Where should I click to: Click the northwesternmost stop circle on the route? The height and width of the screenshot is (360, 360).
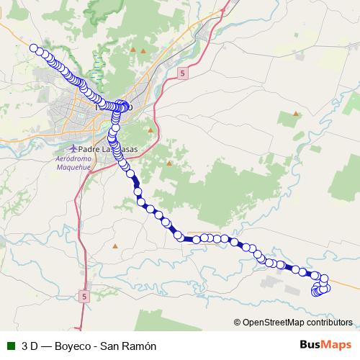[34, 48]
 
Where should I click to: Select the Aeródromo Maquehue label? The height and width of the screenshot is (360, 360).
[74, 162]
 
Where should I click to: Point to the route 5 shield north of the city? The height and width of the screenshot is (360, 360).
[184, 73]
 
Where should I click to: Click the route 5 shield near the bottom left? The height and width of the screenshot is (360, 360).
[84, 296]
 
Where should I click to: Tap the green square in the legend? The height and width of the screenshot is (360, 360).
[9, 346]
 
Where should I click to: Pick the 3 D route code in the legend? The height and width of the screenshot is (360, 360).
[30, 346]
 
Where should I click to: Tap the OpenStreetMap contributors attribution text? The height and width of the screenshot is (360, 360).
[297, 323]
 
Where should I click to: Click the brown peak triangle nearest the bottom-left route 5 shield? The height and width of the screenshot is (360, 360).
[114, 246]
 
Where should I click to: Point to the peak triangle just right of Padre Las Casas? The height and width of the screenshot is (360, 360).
[150, 130]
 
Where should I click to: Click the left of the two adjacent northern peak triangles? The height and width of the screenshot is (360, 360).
[133, 49]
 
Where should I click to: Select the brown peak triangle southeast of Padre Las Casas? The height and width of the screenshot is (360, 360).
[169, 163]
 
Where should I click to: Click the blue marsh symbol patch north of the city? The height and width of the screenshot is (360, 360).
[98, 65]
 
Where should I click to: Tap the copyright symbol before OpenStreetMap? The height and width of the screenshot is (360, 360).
[238, 323]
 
